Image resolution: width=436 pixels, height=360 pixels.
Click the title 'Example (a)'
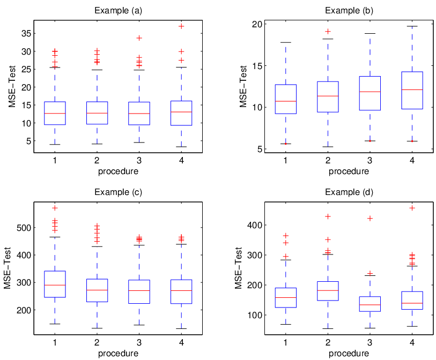[118, 11]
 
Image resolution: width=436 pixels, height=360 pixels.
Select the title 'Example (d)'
[349, 192]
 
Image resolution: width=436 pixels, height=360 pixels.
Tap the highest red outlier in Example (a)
[181, 26]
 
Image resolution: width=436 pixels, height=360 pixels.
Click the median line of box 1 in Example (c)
[55, 285]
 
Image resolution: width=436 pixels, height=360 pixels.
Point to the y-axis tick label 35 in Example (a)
[26, 33]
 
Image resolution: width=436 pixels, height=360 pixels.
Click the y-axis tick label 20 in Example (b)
[257, 24]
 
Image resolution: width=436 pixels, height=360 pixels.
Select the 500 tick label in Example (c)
[24, 228]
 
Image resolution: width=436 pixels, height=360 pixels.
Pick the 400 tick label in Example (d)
[255, 224]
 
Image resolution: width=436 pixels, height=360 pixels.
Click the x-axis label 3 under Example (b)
[370, 160]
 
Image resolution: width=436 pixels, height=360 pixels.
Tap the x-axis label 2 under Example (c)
[97, 342]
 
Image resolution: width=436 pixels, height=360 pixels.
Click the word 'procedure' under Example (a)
[118, 171]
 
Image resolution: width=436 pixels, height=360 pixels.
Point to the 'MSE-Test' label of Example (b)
[243, 86]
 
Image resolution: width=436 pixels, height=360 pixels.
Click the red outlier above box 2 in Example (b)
[328, 31]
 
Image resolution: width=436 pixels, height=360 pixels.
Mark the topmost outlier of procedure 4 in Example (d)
[412, 208]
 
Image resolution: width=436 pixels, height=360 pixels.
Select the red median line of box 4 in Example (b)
[412, 89]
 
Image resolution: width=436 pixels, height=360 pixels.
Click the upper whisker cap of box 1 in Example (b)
[286, 42]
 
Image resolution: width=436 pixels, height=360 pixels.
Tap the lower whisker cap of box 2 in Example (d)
[328, 328]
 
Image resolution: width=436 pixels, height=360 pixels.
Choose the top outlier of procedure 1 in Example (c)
[55, 208]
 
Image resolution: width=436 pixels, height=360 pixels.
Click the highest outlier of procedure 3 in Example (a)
[139, 38]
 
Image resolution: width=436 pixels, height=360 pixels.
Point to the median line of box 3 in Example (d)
[370, 305]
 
